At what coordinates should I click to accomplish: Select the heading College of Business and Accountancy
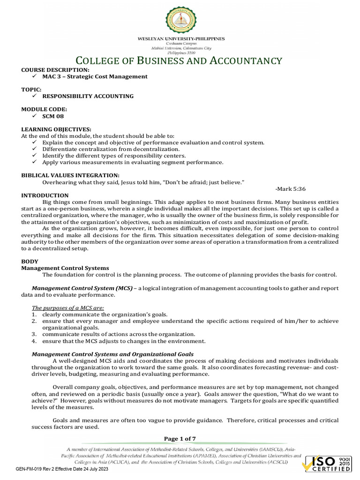coord(180,61)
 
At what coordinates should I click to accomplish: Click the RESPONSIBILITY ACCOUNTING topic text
coord(88,96)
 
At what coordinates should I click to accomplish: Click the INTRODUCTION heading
coord(45,195)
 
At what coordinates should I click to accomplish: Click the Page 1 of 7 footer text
coord(180,438)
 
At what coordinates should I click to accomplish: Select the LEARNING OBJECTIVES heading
coord(56,129)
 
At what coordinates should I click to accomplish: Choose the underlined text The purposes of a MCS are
coord(68,307)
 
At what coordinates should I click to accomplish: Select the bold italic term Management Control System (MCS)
coord(82,288)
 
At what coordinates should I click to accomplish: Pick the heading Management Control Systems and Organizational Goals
coord(112,354)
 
